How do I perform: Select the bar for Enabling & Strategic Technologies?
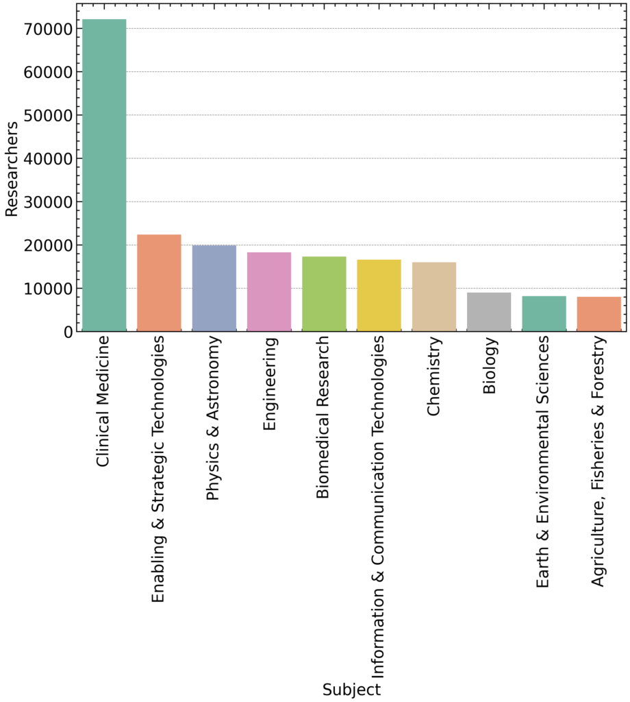coord(159,283)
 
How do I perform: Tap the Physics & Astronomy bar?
coord(214,289)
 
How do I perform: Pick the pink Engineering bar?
coord(269,292)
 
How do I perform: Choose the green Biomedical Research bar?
coord(324,294)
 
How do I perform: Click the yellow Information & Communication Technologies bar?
coord(379,295)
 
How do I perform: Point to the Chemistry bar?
coord(434,297)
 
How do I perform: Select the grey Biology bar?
coord(489,312)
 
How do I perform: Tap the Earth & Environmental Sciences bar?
coord(544,314)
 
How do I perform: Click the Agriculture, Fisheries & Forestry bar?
coord(598,315)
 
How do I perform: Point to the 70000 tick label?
coord(49,29)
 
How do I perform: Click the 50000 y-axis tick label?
coord(49,115)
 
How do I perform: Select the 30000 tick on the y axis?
coord(49,202)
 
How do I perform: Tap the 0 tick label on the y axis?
coord(68,332)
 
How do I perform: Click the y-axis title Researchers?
coord(12,169)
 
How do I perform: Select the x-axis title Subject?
coord(351,689)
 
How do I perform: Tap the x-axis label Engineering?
coord(269,383)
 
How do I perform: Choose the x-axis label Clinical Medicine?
coord(104,402)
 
